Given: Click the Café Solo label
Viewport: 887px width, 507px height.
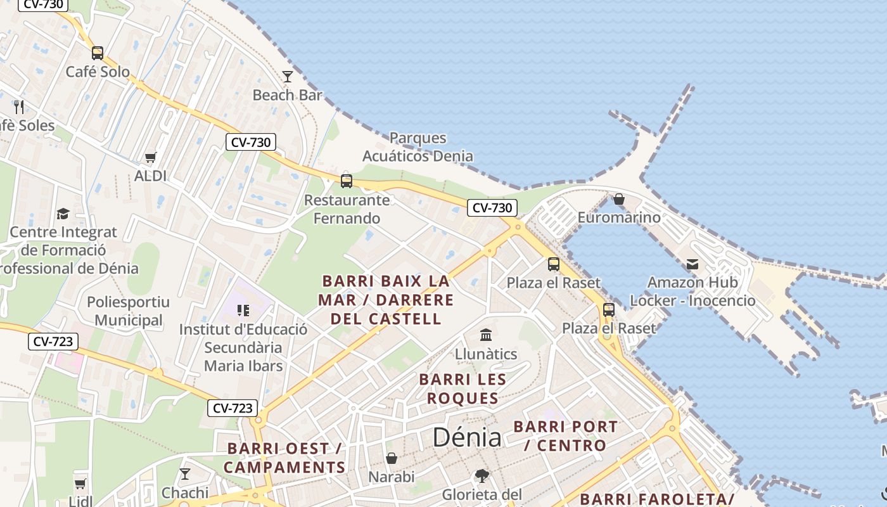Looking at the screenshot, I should tap(98, 72).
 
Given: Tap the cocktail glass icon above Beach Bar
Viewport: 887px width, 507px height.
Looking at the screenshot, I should tap(288, 77).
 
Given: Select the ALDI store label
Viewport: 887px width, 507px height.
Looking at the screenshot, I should tap(150, 176).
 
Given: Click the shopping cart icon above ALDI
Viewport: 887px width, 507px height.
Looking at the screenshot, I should tap(150, 157).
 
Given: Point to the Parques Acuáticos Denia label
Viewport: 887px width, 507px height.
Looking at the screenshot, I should tap(418, 146).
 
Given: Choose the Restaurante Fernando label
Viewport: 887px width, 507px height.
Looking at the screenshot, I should tap(347, 209).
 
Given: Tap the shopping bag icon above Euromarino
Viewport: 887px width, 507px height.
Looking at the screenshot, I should tap(619, 200).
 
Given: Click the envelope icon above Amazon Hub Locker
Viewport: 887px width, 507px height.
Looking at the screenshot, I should tap(692, 264).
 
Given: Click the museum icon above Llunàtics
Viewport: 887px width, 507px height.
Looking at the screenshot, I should tap(486, 335).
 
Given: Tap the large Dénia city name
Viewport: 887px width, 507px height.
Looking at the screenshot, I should tap(467, 437).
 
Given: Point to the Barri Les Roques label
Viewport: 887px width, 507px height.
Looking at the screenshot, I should tap(463, 388).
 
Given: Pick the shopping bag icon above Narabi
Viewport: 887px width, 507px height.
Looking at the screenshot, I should tap(392, 458).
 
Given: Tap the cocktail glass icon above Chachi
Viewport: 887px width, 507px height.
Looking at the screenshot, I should tap(185, 473).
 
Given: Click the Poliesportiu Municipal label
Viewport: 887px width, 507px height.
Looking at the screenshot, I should tap(129, 311).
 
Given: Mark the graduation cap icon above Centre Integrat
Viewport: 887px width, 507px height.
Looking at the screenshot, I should tap(63, 214).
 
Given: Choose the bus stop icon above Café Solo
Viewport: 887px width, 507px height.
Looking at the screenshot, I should tap(98, 53).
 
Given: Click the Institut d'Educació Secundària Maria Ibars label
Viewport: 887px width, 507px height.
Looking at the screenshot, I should tap(243, 347).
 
